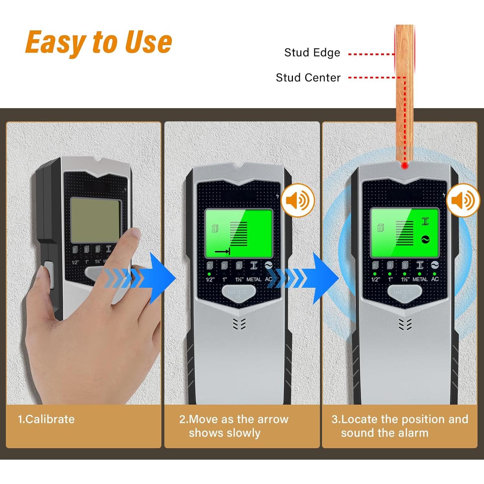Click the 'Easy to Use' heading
coord(98,42)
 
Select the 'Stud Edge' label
coord(312,53)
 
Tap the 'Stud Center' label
coord(308,78)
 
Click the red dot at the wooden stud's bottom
coord(405,166)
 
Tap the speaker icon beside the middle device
coord(297,201)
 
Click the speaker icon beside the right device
coord(463,201)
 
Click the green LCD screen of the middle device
coord(239,233)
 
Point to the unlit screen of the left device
coord(96,220)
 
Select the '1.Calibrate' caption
coord(46,419)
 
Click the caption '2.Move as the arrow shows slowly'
coord(234,426)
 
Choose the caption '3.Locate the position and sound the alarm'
coord(399,426)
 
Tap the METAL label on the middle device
coord(254,279)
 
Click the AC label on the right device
coord(435,279)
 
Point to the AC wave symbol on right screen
coord(425,239)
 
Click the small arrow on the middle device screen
coord(222,251)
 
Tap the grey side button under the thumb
coord(49,274)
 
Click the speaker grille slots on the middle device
coord(239,324)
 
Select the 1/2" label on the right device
coord(375,279)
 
